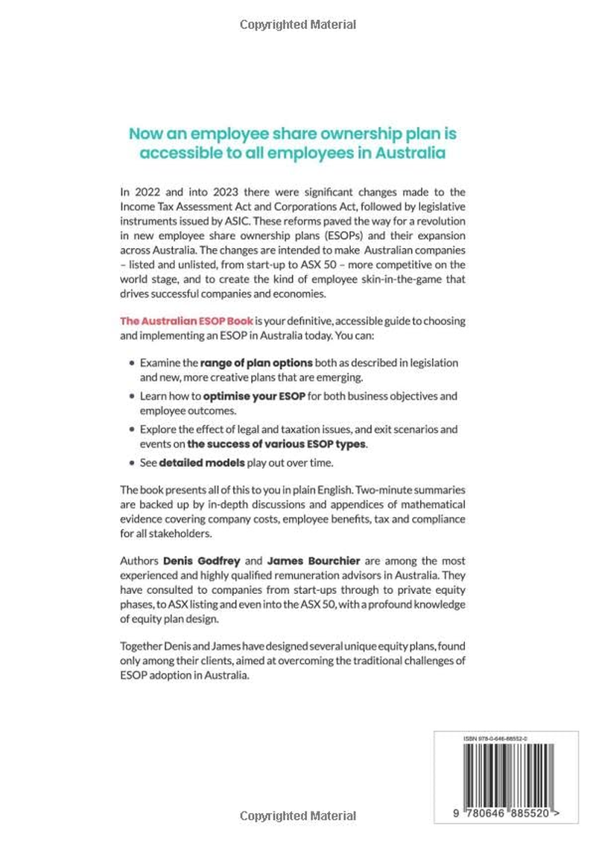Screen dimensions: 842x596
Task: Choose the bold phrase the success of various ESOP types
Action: pos(277,443)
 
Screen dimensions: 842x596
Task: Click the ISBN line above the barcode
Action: pos(495,738)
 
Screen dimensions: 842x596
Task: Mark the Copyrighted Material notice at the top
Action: pos(298,25)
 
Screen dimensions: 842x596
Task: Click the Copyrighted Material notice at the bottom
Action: pos(298,816)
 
